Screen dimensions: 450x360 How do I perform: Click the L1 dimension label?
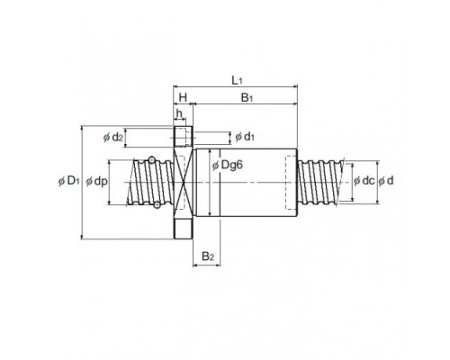237,80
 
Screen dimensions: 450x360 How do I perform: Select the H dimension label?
183,97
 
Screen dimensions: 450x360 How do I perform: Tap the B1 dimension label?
247,98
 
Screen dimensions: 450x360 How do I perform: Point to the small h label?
179,113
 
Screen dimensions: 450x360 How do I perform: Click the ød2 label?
112,138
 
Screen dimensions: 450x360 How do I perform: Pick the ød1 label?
245,137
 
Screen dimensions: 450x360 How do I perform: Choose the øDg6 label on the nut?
227,165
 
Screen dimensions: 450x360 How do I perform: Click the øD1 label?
68,181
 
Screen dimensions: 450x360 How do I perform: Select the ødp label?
96,181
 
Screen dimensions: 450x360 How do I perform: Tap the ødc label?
364,181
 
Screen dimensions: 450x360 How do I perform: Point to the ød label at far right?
385,181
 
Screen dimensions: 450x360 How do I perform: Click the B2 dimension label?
208,256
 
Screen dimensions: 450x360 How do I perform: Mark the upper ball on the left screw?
152,159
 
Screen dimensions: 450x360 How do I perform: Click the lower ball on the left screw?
157,205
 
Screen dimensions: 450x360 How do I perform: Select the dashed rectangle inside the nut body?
292,183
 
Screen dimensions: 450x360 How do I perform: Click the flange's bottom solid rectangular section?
183,229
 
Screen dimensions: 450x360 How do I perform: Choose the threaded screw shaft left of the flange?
150,183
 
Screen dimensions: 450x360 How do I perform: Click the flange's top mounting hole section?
183,137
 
